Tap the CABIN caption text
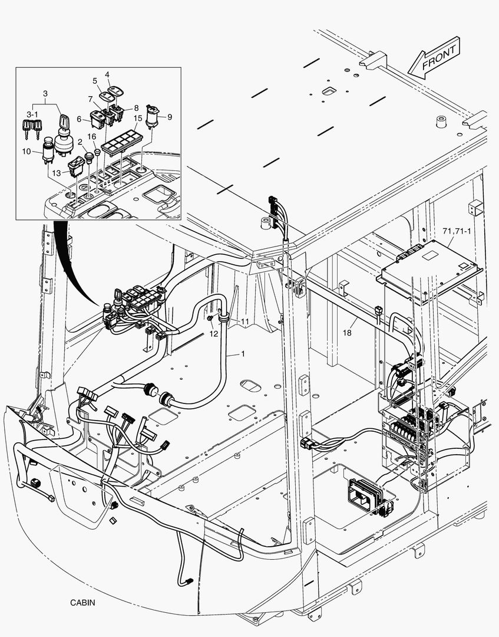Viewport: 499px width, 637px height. pos(82,603)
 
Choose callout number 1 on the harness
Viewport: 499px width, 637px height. pos(242,354)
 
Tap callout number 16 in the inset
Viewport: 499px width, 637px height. pos(92,136)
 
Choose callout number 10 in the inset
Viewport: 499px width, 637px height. pos(27,152)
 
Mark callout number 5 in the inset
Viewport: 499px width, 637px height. pos(94,80)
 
